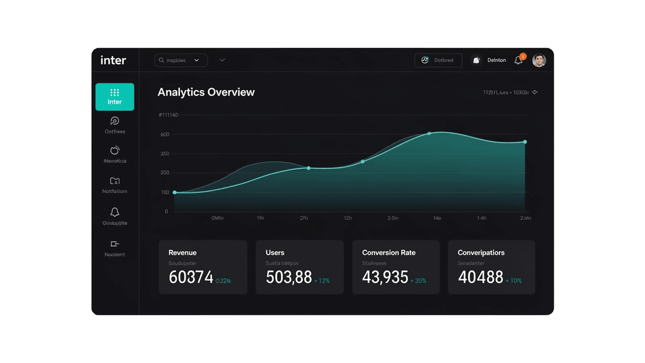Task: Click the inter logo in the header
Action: [x=113, y=60]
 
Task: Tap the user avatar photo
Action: [x=539, y=60]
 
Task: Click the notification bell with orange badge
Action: [x=519, y=60]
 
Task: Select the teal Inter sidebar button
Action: [x=115, y=97]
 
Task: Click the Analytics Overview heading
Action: [x=206, y=92]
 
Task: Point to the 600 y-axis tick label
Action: [x=165, y=135]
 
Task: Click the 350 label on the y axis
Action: [x=165, y=154]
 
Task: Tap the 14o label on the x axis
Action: [x=437, y=219]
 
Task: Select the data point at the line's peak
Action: [x=429, y=134]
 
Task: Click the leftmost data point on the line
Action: [x=174, y=192]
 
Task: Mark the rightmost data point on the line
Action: [x=525, y=142]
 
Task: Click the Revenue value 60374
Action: [x=191, y=277]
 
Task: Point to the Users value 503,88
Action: [x=288, y=277]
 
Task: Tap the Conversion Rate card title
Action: [x=389, y=253]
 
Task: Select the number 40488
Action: [x=480, y=277]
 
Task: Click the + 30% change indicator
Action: [x=417, y=281]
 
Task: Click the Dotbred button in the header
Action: [x=438, y=60]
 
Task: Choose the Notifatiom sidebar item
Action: [x=115, y=185]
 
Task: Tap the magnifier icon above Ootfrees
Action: [x=115, y=121]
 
